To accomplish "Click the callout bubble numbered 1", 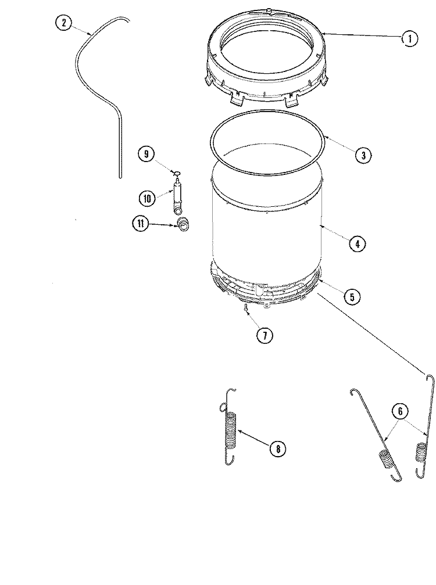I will click(x=409, y=38).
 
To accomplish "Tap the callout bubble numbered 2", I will click(x=63, y=23).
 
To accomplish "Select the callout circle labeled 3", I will click(x=362, y=155).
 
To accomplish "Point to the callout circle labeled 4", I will click(x=357, y=244).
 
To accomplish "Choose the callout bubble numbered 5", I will click(x=351, y=297).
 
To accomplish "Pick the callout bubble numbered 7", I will click(x=264, y=335).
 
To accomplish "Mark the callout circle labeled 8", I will click(x=278, y=448).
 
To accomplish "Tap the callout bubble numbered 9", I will click(x=146, y=154).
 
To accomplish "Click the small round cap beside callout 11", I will click(x=184, y=225).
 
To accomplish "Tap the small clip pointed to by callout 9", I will click(x=177, y=173).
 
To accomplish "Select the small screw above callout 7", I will click(x=246, y=308).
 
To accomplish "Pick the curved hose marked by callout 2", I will click(x=93, y=70).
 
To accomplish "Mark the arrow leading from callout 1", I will click(x=360, y=36).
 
